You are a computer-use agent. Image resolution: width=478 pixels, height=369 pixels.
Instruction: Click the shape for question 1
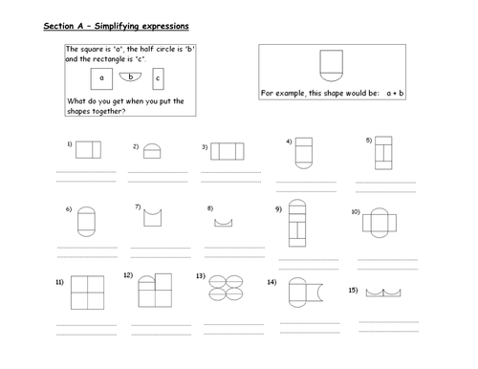88,150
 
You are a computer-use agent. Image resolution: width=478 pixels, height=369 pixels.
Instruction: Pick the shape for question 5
384,154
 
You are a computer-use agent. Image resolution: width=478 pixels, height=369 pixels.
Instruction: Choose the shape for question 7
153,217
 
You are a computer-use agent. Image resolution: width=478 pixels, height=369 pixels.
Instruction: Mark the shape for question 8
224,223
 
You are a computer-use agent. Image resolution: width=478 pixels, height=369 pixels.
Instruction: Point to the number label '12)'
128,275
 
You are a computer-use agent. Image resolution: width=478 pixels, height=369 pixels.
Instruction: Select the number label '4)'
288,141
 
